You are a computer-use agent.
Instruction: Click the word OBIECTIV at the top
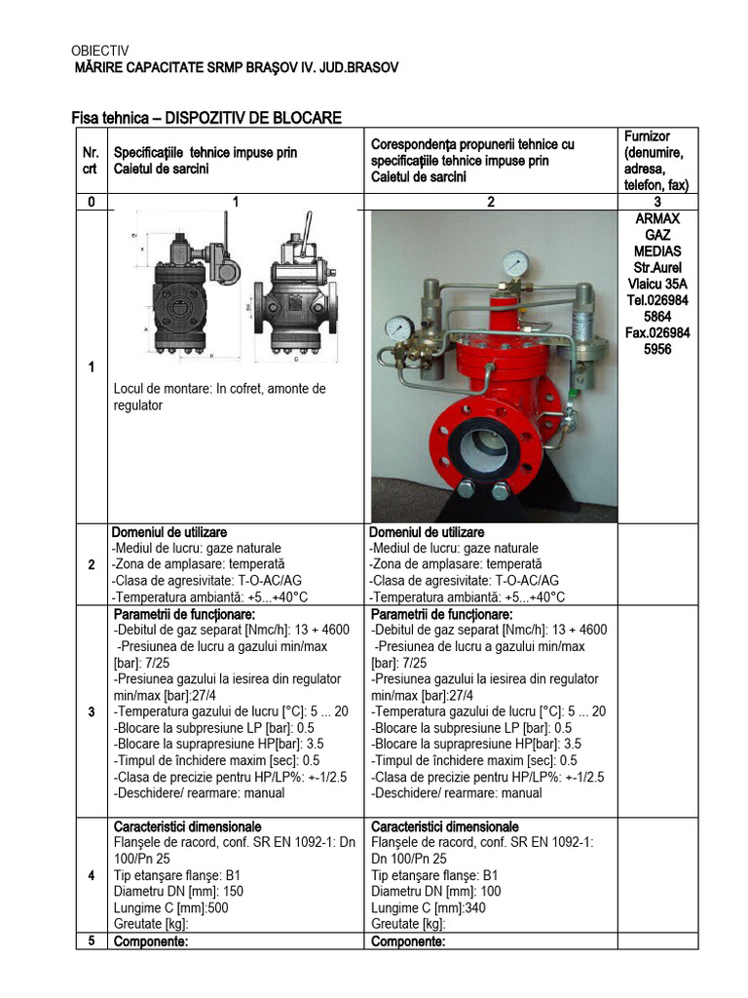pyautogui.click(x=100, y=51)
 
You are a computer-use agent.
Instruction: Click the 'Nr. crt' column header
pyautogui.click(x=91, y=161)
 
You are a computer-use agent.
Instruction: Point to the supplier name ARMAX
pyautogui.click(x=657, y=219)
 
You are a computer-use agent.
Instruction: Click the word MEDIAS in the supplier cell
pyautogui.click(x=657, y=252)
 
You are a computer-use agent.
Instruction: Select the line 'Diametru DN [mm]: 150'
pyautogui.click(x=179, y=891)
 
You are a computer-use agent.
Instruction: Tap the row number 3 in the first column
pyautogui.click(x=91, y=712)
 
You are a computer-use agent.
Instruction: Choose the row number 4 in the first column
pyautogui.click(x=91, y=875)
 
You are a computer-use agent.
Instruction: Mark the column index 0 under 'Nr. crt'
pyautogui.click(x=91, y=202)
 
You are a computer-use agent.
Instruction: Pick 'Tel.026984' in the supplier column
pyautogui.click(x=657, y=301)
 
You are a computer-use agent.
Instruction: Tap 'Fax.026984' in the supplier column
pyautogui.click(x=657, y=333)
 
